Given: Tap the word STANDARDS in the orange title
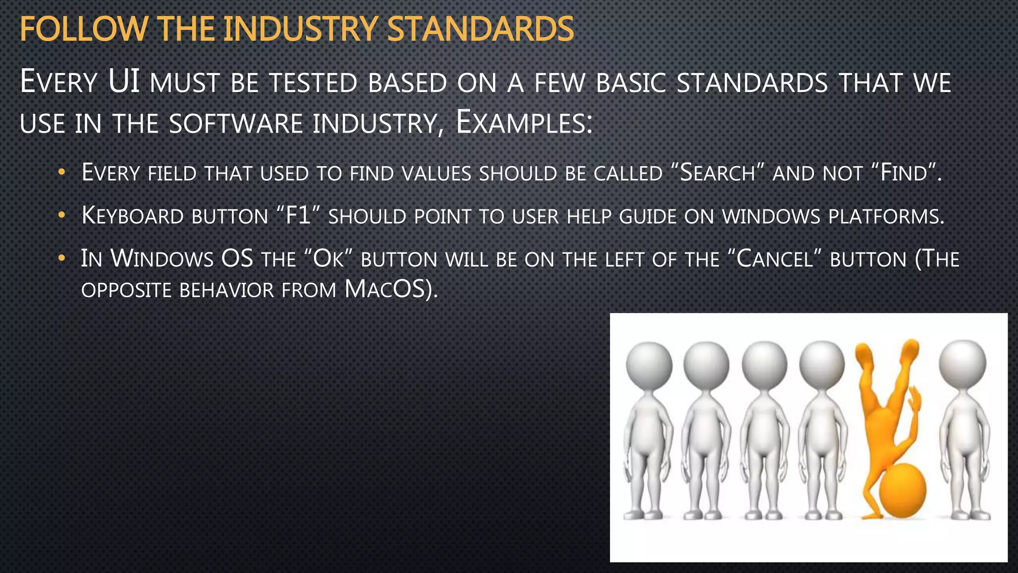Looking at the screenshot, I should coord(480,29).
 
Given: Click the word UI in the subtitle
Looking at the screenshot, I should coord(124,82).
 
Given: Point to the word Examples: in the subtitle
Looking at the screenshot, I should coord(524,123).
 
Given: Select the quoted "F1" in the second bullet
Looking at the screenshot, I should coord(298,216).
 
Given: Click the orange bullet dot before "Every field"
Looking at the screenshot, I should coord(62,173).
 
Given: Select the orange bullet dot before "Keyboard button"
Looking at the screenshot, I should coord(62,215).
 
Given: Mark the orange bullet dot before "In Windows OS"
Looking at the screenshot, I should coord(62,258).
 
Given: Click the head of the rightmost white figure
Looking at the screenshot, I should coord(963,364).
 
